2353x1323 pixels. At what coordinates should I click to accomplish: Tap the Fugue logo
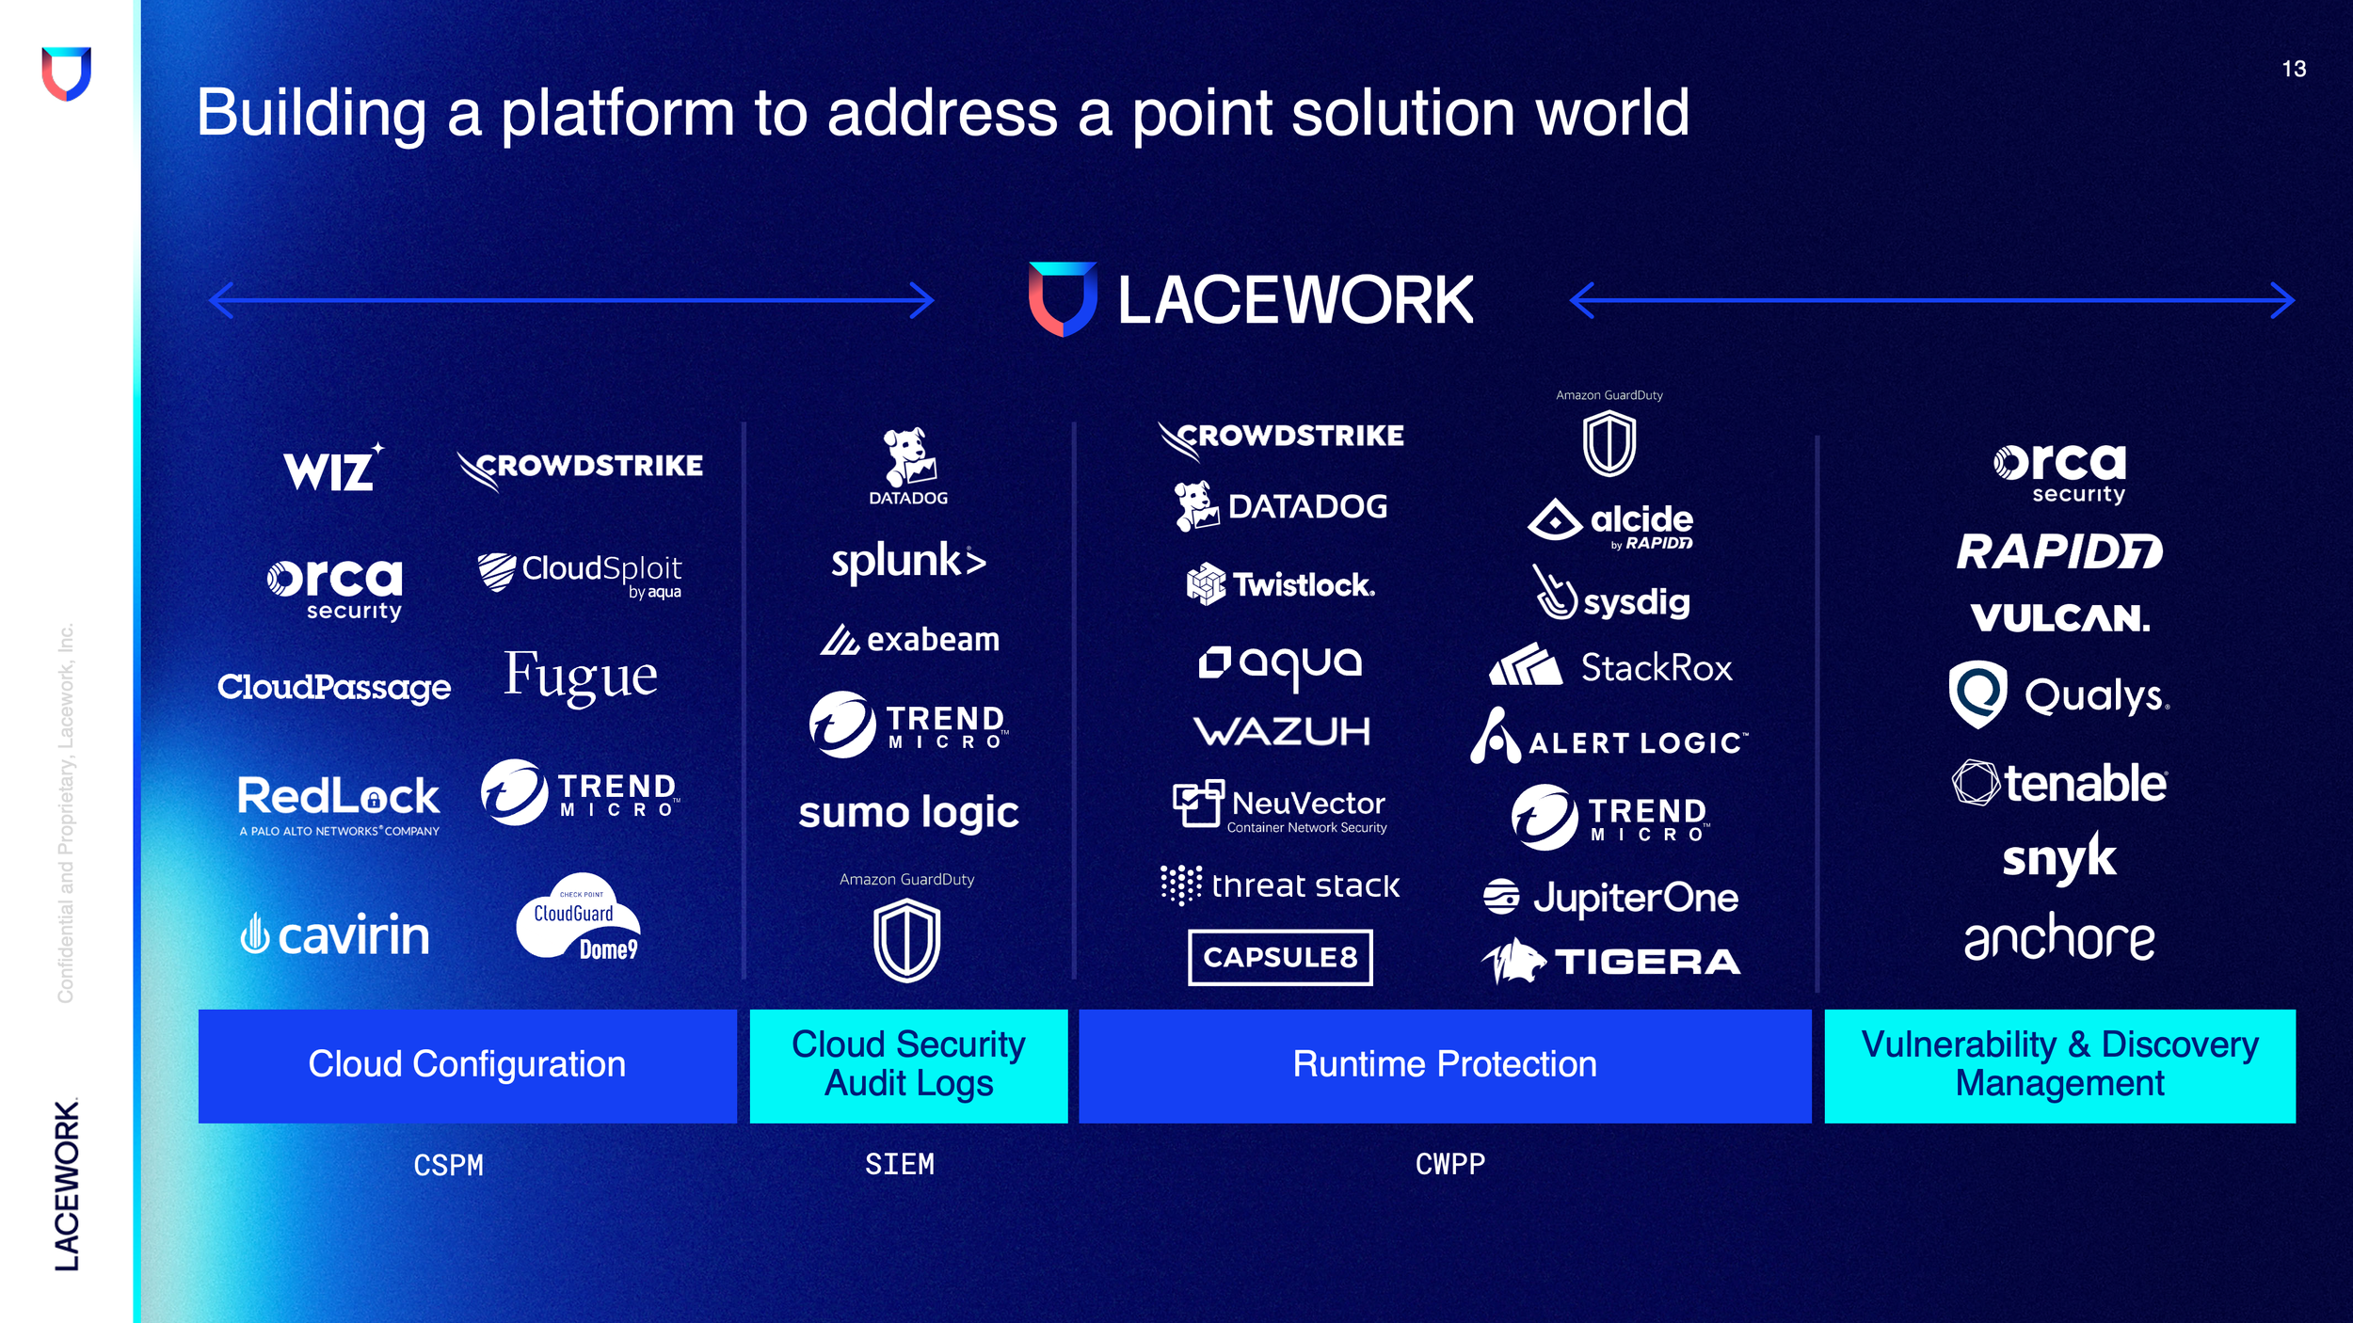pyautogui.click(x=580, y=677)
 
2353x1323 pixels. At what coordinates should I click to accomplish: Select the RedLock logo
pyautogui.click(x=339, y=803)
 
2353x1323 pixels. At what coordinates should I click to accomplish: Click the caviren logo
pyautogui.click(x=335, y=934)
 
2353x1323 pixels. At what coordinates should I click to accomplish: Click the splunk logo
pyautogui.click(x=908, y=562)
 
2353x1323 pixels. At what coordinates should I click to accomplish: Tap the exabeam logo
pyautogui.click(x=909, y=640)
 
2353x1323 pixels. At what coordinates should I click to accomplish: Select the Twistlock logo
pyautogui.click(x=1280, y=584)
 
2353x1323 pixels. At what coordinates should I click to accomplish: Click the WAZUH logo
pyautogui.click(x=1281, y=731)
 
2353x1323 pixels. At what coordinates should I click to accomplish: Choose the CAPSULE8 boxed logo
pyautogui.click(x=1280, y=957)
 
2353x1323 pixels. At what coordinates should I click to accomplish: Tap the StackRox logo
pyautogui.click(x=1610, y=667)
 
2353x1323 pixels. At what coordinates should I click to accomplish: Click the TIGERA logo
pyautogui.click(x=1610, y=961)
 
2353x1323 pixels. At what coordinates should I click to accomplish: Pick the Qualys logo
pyautogui.click(x=2058, y=695)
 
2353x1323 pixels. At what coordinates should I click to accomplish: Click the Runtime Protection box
pyautogui.click(x=1445, y=1065)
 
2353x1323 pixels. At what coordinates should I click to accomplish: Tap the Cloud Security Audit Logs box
pyautogui.click(x=908, y=1065)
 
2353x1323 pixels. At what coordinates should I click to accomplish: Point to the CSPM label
pyautogui.click(x=448, y=1166)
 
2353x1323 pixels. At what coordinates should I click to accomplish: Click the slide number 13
pyautogui.click(x=2293, y=69)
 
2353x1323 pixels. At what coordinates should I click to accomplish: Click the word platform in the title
pyautogui.click(x=617, y=114)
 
